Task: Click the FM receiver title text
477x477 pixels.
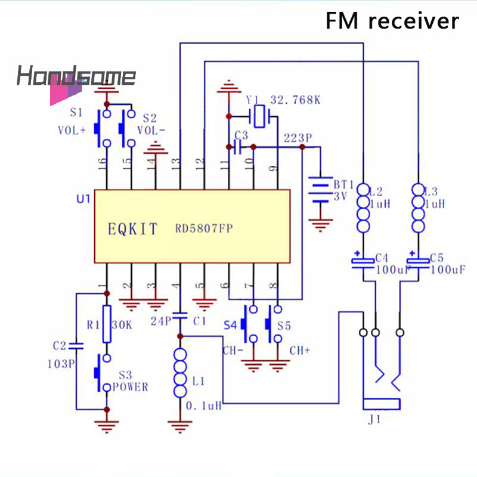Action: click(392, 21)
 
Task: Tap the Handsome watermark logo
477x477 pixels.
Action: click(76, 78)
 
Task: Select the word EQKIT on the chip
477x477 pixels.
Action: click(133, 228)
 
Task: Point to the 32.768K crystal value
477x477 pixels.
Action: click(295, 100)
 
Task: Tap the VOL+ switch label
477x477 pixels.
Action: click(71, 130)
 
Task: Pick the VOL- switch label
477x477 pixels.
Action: click(152, 130)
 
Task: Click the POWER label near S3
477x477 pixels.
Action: click(130, 387)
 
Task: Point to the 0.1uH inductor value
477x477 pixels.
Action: click(204, 405)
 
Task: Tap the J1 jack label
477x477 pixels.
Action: click(374, 420)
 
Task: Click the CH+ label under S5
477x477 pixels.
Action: click(300, 350)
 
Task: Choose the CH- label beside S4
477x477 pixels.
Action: click(233, 350)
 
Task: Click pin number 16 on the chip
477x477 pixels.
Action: click(101, 161)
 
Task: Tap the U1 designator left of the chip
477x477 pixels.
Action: click(83, 198)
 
